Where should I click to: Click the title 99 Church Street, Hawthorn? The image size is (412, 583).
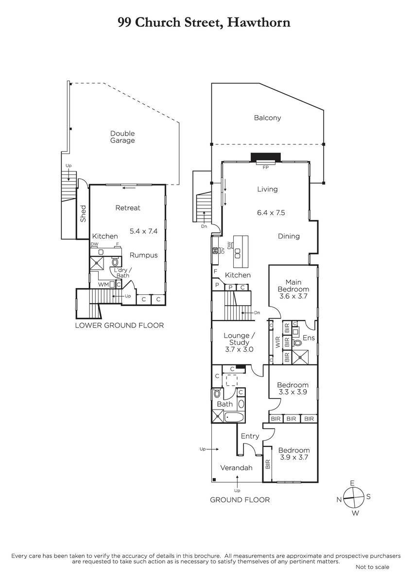(204, 23)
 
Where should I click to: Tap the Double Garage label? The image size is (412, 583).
(122, 137)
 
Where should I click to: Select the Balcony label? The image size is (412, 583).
(267, 118)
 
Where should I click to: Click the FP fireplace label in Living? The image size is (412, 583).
(265, 167)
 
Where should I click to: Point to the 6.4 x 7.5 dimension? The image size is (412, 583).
(271, 213)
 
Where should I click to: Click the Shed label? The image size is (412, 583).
(83, 213)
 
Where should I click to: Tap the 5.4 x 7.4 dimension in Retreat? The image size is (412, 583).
(143, 231)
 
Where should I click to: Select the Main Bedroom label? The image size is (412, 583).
(293, 286)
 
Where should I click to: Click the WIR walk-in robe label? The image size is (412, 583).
(278, 342)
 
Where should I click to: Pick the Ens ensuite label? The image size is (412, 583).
(309, 338)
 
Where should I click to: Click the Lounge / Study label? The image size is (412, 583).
(239, 339)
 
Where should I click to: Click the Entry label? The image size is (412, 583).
(250, 436)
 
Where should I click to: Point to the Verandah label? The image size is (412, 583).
(236, 468)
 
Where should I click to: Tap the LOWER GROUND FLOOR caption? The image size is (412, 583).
(120, 326)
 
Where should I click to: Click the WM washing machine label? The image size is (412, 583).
(103, 285)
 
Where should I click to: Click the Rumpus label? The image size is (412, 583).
(144, 256)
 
